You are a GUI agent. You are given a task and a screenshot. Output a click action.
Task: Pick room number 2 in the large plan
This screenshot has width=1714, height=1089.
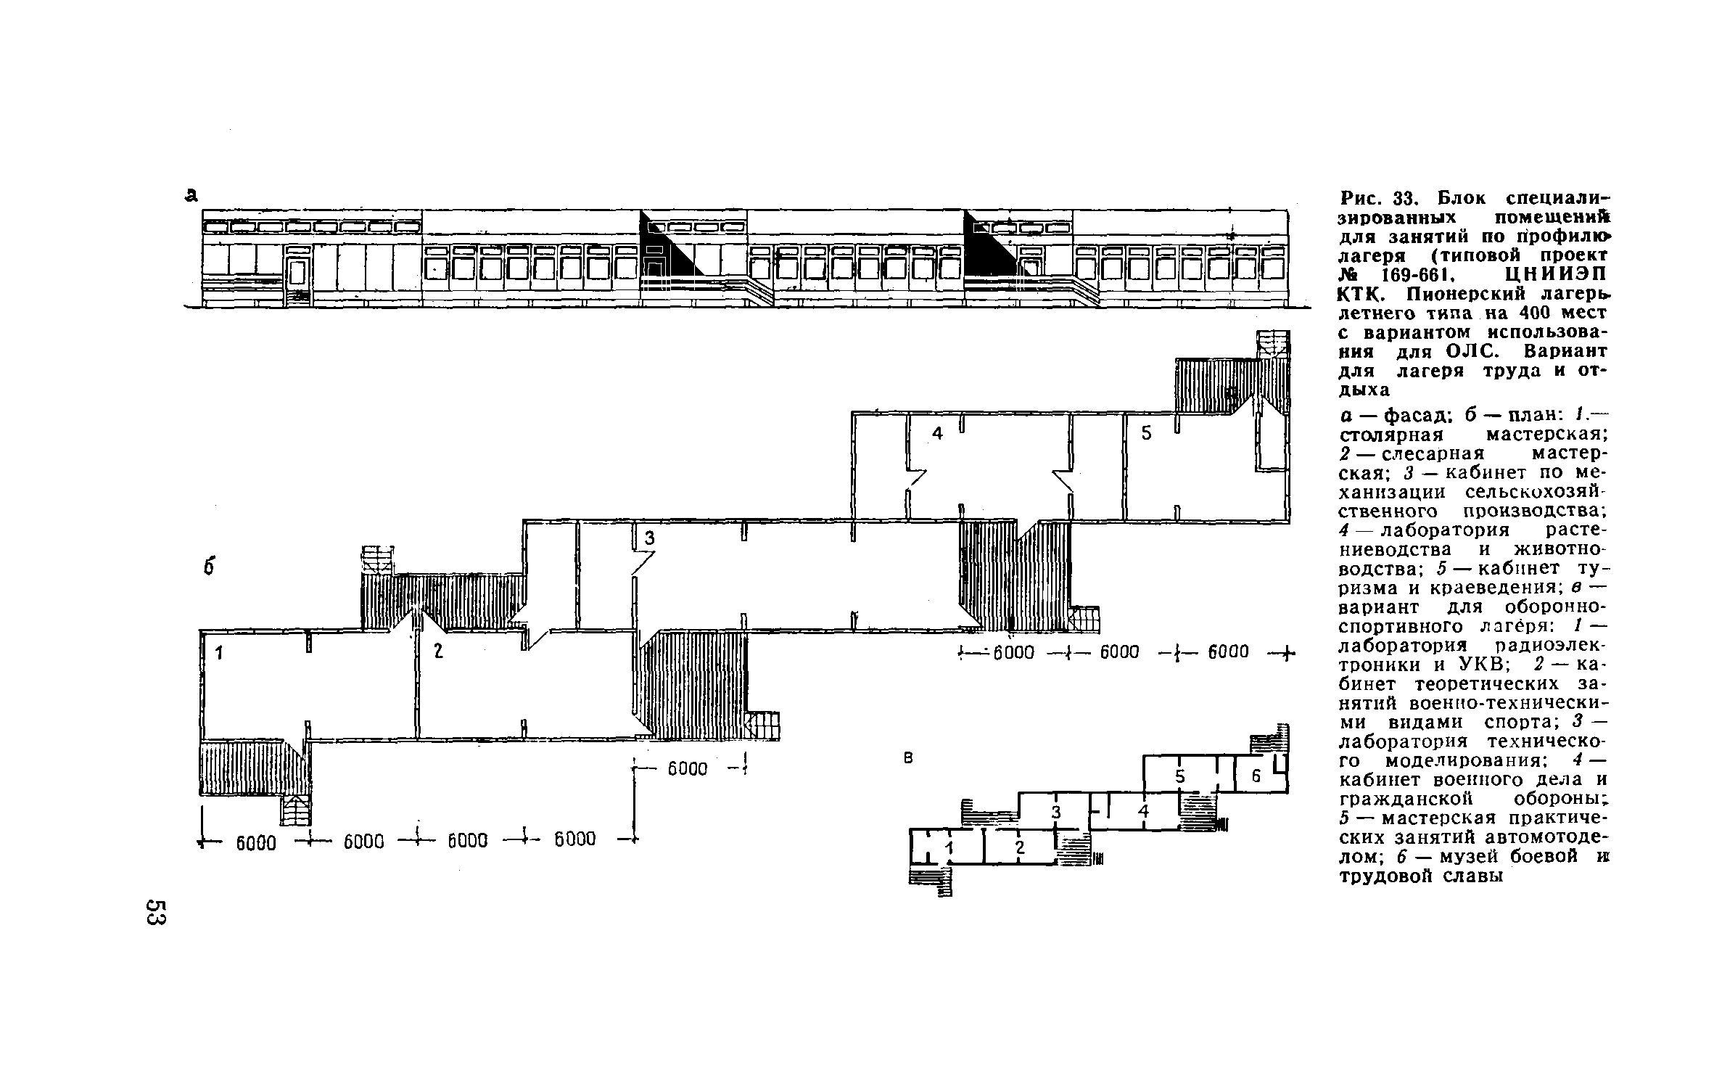[438, 651]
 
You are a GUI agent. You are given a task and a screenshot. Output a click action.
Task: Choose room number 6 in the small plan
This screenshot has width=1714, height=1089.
[1257, 776]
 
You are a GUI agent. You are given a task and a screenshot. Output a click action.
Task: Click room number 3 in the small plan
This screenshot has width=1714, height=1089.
[1056, 813]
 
